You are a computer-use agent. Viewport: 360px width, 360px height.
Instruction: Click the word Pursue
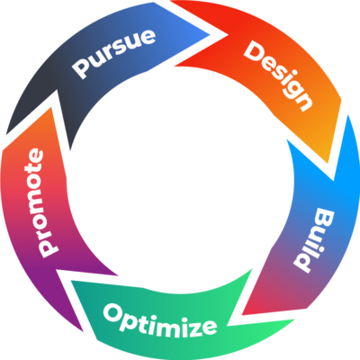tap(114, 57)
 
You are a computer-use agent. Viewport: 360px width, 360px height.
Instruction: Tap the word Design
tap(279, 75)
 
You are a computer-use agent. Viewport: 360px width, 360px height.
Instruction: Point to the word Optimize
tap(159, 319)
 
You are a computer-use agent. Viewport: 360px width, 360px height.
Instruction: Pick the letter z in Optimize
tap(193, 322)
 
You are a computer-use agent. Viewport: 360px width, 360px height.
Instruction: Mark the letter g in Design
tap(292, 87)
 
